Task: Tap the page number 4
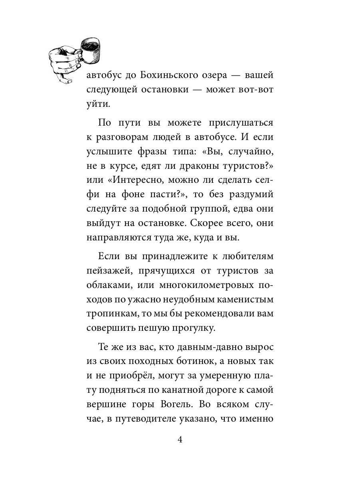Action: point(180,440)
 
